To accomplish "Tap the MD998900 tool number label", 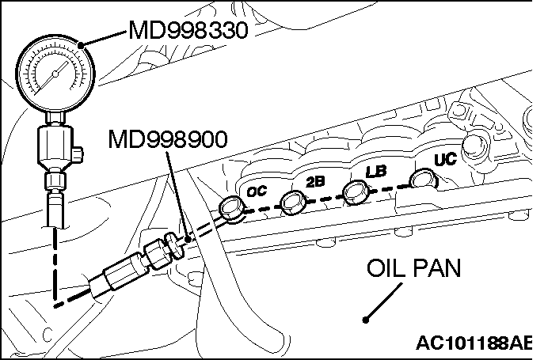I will pyautogui.click(x=169, y=140).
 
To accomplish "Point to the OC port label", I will pyautogui.click(x=256, y=191).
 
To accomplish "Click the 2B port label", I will pyautogui.click(x=315, y=181).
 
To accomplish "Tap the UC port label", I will pyautogui.click(x=444, y=159).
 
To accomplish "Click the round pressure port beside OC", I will pyautogui.click(x=232, y=208).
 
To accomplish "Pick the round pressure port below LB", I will pyautogui.click(x=356, y=191).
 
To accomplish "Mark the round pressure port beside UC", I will pyautogui.click(x=422, y=179).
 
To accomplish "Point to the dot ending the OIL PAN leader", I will pyautogui.click(x=365, y=320).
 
